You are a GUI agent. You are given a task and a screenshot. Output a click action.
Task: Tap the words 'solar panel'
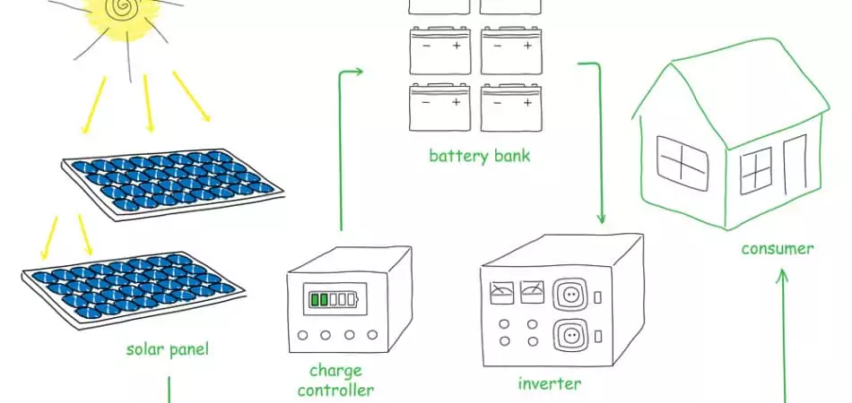click(168, 349)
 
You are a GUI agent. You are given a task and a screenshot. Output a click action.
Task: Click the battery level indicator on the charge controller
click(332, 299)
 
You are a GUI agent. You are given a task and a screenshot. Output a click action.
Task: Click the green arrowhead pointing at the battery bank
click(358, 71)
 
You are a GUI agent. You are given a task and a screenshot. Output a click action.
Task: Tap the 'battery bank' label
click(479, 156)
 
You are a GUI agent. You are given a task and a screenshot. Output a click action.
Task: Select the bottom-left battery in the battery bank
click(440, 107)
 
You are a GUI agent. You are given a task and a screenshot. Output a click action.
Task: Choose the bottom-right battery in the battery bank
click(511, 107)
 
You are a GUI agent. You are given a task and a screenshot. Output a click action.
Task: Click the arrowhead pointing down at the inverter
click(601, 219)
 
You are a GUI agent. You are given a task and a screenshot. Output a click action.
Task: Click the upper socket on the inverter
click(569, 295)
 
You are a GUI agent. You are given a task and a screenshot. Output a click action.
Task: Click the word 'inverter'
click(550, 384)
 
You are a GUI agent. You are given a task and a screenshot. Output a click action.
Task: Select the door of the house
click(795, 168)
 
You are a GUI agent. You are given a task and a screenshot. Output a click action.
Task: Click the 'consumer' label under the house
click(777, 248)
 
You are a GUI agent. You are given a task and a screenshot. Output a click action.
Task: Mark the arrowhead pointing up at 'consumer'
click(782, 278)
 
